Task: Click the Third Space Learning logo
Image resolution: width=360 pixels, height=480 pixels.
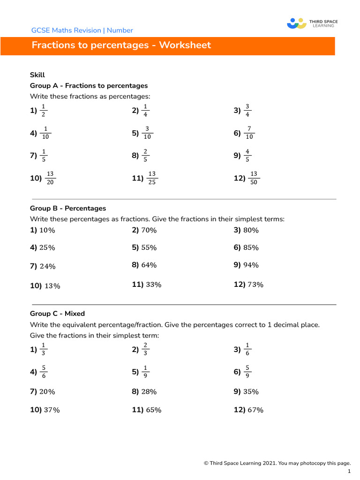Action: (x=312, y=23)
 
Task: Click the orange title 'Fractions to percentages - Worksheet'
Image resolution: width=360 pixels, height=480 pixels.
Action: (x=121, y=45)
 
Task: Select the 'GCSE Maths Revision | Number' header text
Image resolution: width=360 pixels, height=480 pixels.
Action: (x=82, y=30)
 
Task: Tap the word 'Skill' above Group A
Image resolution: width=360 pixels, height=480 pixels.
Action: (x=37, y=75)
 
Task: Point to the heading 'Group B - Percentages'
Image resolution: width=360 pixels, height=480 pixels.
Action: (x=68, y=208)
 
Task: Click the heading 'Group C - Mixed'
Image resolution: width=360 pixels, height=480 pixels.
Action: (x=57, y=314)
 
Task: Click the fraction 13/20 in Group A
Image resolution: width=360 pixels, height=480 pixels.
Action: (x=50, y=178)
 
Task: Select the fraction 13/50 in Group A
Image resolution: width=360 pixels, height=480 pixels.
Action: (x=254, y=178)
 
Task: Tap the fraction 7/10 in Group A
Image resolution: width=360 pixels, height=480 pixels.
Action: (x=249, y=133)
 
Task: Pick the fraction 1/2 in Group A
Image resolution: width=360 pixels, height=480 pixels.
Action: (x=43, y=111)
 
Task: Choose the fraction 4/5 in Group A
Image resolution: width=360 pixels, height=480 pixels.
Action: (x=247, y=156)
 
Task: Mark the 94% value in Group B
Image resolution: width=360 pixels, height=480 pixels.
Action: (x=251, y=265)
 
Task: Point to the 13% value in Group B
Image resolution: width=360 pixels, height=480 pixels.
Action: (x=52, y=286)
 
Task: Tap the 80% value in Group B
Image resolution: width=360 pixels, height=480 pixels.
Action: (x=251, y=230)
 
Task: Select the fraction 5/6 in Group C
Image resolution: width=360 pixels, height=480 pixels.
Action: (x=44, y=372)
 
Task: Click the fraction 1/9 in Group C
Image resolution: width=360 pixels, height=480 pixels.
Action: (x=145, y=372)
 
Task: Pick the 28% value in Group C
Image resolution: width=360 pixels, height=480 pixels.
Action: (x=149, y=391)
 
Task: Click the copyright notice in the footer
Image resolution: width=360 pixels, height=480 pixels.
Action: (x=277, y=463)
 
